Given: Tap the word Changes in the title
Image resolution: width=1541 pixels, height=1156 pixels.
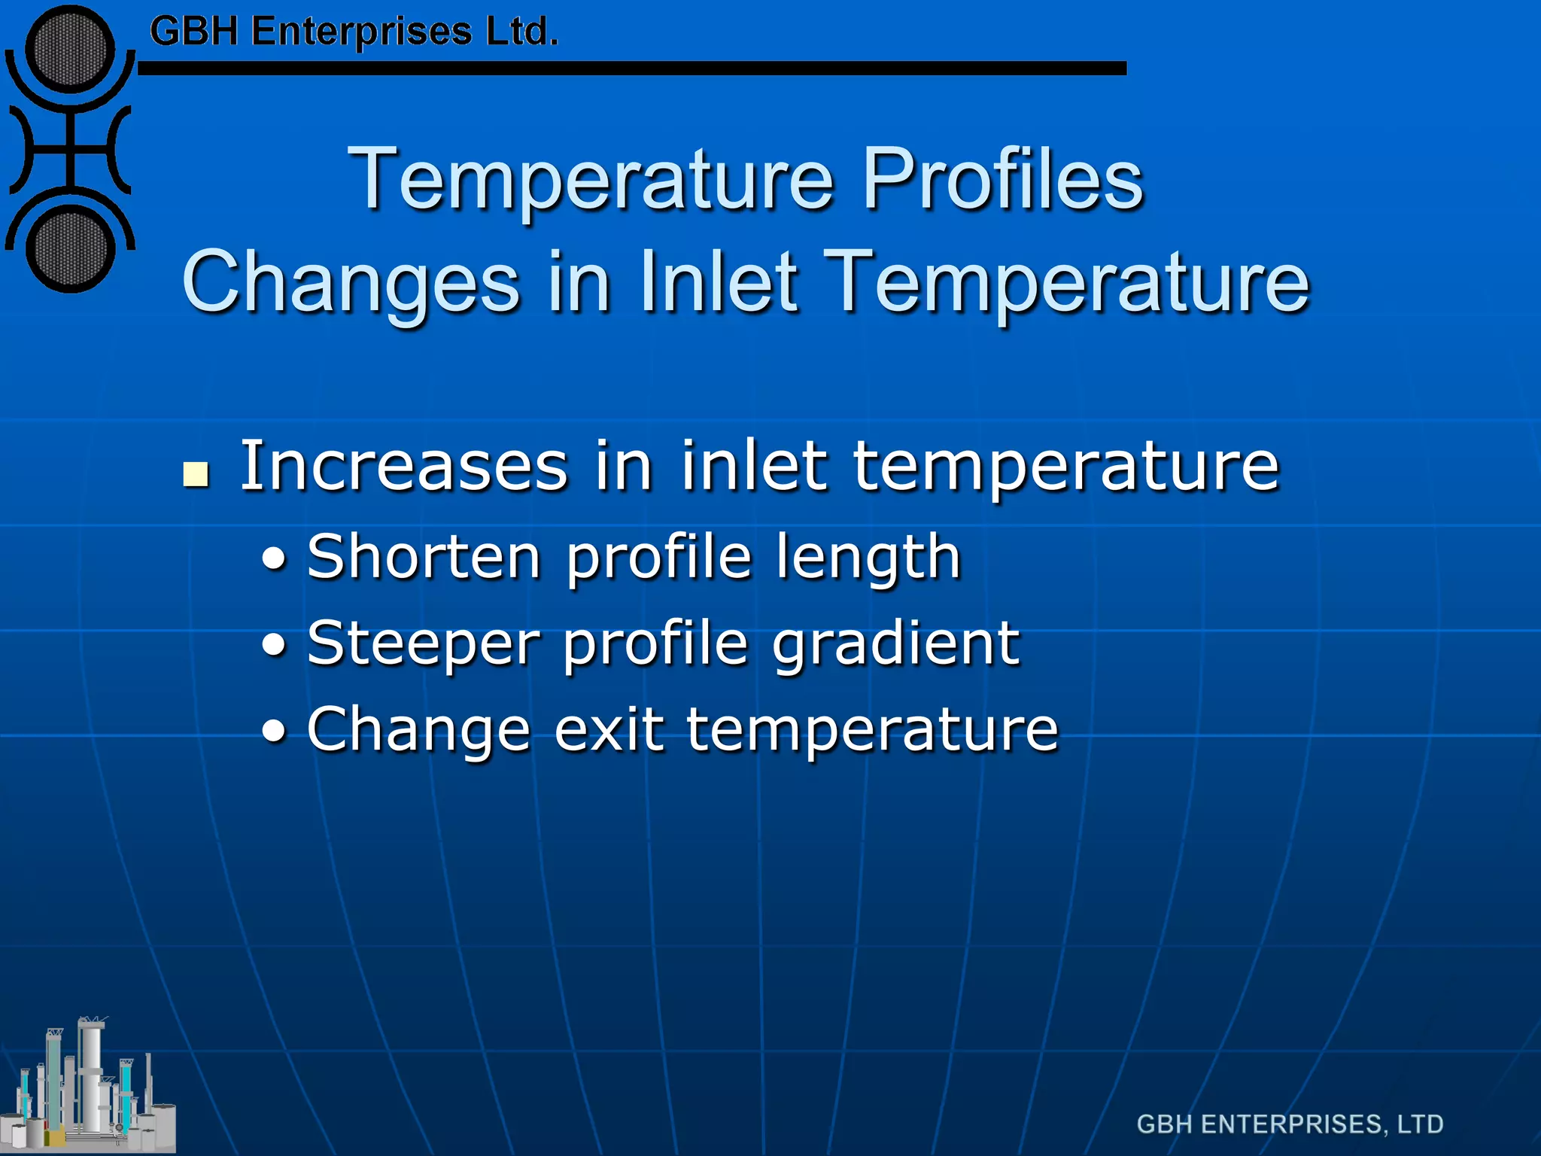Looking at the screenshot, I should [x=350, y=281].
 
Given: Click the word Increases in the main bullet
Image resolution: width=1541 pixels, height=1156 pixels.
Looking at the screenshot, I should [x=403, y=467].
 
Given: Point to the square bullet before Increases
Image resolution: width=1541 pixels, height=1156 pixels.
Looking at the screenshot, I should [x=196, y=475].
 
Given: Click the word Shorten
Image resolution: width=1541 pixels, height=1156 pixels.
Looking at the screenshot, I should [x=424, y=557].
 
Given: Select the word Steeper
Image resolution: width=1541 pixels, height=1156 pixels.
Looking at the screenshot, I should [x=424, y=643].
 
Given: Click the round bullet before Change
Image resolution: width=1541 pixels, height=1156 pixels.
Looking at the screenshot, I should [x=274, y=731].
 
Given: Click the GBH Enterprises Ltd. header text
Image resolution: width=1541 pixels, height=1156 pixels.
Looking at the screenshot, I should [x=354, y=32].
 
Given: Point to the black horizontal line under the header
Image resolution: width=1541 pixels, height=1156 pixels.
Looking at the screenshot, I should [x=632, y=68].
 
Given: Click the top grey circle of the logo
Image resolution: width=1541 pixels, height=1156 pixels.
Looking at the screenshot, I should [x=70, y=50].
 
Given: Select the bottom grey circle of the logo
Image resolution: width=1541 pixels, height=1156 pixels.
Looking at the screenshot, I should [x=70, y=248].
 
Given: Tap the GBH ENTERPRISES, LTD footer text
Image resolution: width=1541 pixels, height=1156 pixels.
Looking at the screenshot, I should [x=1290, y=1124].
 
